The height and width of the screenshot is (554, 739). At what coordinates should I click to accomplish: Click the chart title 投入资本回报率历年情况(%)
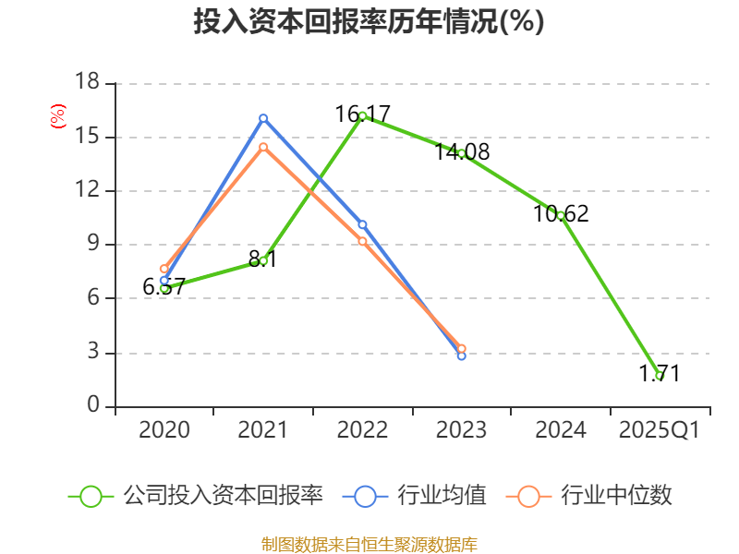click(369, 21)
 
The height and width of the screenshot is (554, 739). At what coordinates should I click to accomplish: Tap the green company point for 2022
click(362, 115)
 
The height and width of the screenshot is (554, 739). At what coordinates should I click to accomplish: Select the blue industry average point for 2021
click(263, 118)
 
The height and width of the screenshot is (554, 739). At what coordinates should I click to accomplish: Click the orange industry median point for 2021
click(263, 147)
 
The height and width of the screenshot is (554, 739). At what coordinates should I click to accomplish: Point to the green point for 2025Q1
click(660, 376)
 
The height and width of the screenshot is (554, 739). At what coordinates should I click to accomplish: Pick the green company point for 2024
click(561, 215)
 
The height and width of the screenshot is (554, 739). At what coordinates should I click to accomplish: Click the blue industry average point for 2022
click(362, 224)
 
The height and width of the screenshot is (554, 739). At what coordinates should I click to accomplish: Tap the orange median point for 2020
click(164, 269)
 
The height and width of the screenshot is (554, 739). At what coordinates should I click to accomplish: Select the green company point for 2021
click(263, 260)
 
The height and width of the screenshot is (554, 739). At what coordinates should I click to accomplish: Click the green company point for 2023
click(461, 153)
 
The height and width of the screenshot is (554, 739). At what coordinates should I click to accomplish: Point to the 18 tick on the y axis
click(87, 83)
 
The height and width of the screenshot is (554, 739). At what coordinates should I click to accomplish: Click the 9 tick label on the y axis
click(92, 245)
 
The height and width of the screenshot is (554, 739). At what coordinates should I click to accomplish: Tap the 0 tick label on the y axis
click(92, 406)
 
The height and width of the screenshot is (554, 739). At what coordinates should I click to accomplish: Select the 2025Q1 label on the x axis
click(659, 430)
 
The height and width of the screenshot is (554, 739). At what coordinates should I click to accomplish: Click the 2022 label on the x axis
click(362, 430)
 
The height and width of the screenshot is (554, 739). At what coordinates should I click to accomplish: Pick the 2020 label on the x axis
click(164, 430)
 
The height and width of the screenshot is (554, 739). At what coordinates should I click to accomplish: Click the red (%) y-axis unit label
click(57, 117)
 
